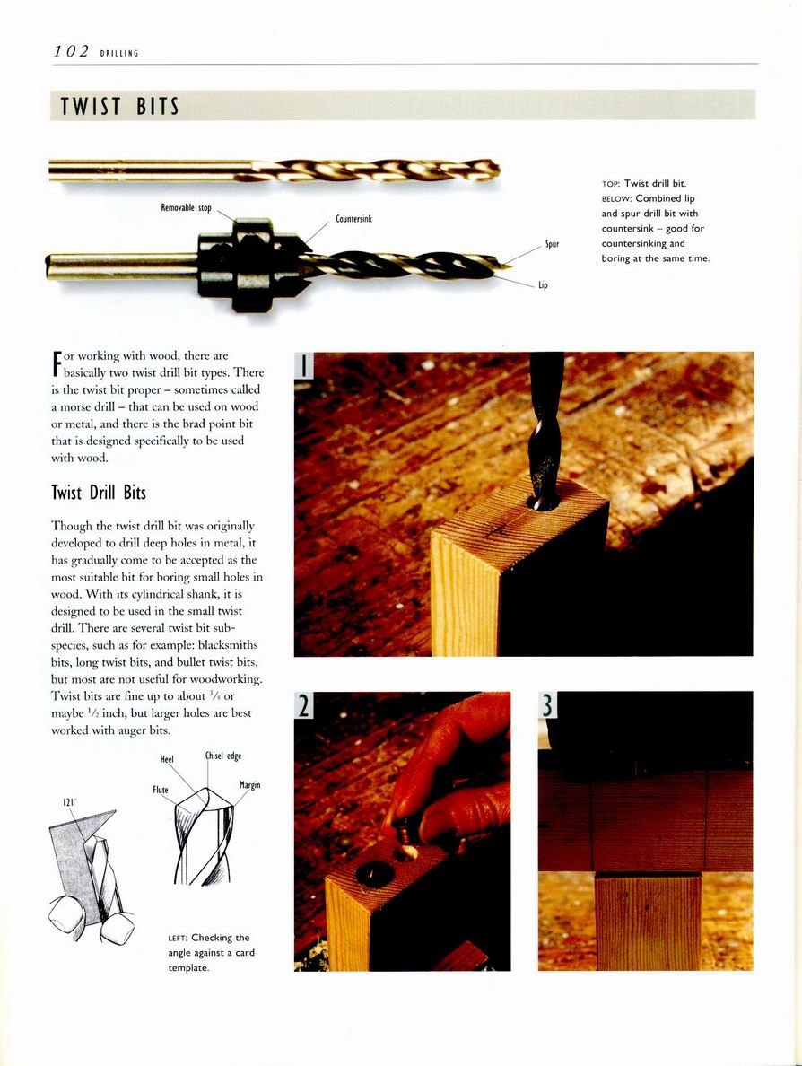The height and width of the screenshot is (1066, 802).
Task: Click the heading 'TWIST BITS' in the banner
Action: (119, 108)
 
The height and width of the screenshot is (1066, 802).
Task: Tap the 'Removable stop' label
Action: (186, 208)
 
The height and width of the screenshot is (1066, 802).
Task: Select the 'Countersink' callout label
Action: (353, 218)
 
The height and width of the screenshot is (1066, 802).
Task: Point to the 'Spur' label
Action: (553, 243)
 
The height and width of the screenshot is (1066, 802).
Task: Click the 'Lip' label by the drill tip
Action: (543, 285)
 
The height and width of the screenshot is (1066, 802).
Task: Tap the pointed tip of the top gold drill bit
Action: (496, 168)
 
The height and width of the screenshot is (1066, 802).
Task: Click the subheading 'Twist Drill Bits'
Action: (99, 492)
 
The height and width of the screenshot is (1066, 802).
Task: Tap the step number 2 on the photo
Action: (305, 706)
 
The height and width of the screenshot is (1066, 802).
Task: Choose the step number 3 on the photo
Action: (548, 706)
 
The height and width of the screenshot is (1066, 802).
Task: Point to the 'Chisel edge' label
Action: (223, 756)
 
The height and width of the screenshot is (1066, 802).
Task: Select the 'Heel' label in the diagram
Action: (166, 759)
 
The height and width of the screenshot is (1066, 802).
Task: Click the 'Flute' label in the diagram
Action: (160, 791)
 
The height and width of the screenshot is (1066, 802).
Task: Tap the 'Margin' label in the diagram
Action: (249, 785)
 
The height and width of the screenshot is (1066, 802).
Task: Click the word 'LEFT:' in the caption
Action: (178, 938)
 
